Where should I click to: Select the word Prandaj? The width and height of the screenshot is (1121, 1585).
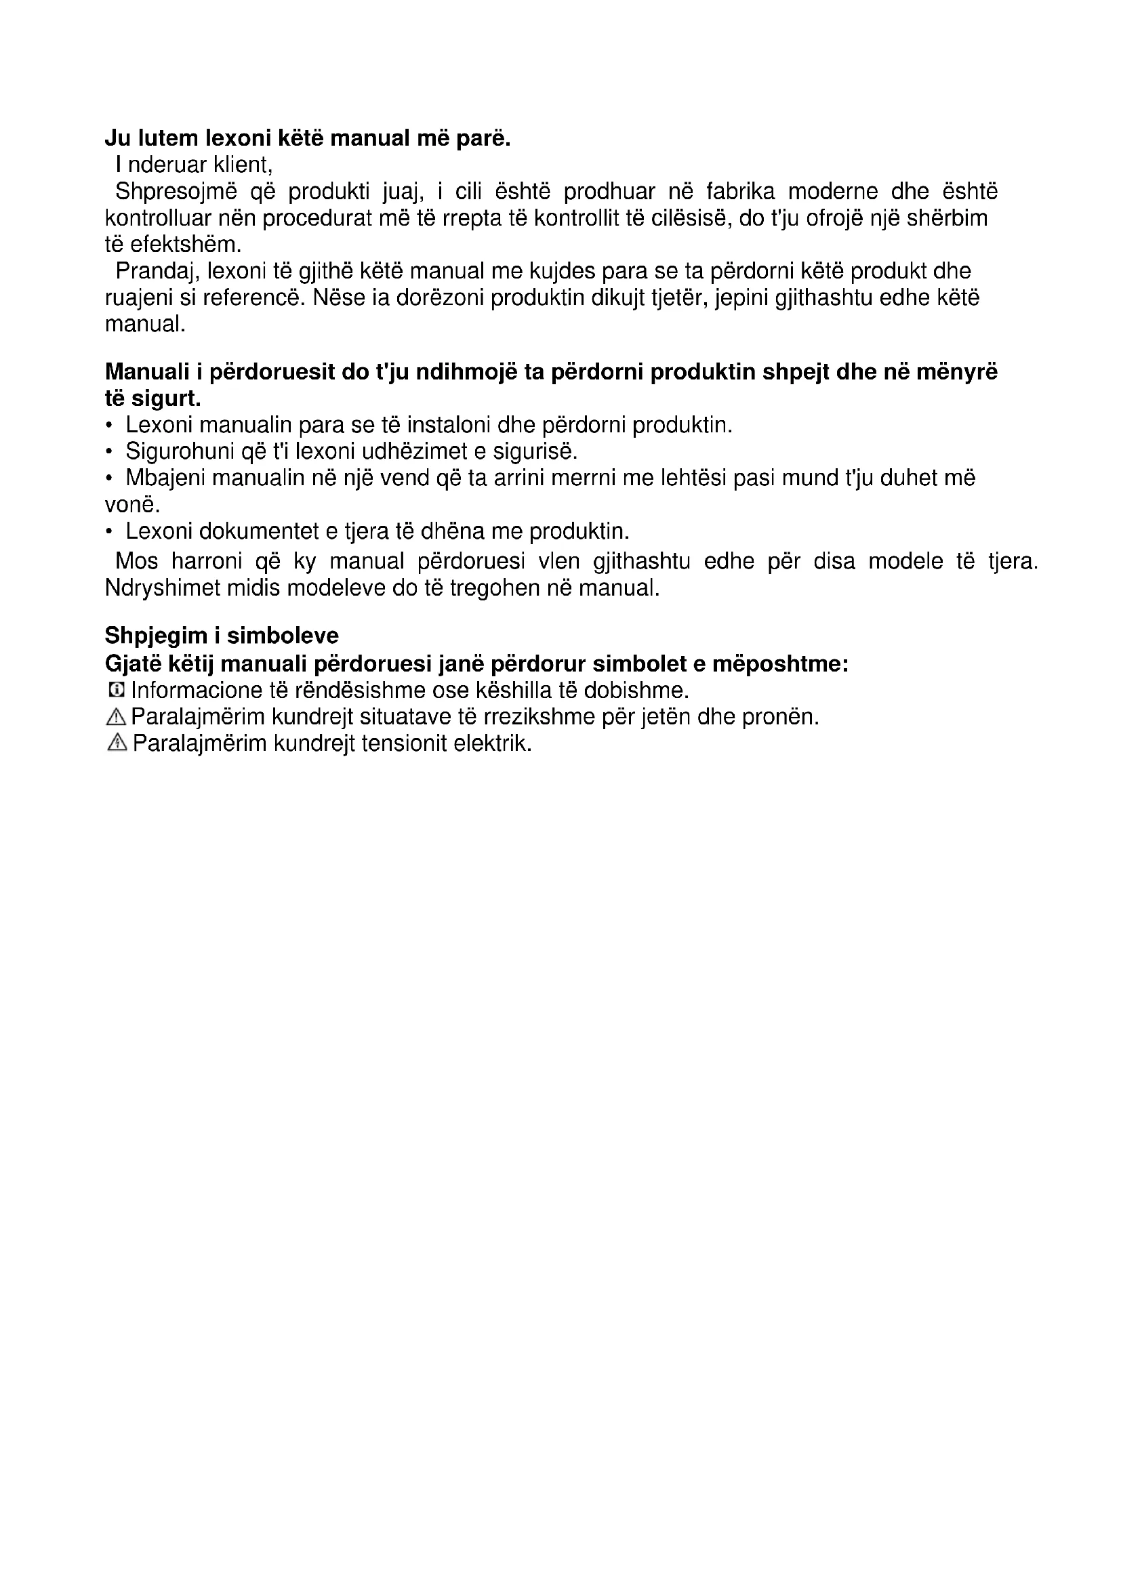click(x=156, y=271)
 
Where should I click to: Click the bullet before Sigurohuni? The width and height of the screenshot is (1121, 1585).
click(x=109, y=452)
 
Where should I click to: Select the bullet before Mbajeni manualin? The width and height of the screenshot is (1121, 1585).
click(x=109, y=478)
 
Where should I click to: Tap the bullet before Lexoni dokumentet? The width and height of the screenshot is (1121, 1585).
click(x=109, y=531)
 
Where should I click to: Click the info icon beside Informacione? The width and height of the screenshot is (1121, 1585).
click(x=117, y=690)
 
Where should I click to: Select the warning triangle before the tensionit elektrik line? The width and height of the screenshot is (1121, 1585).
click(x=117, y=743)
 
